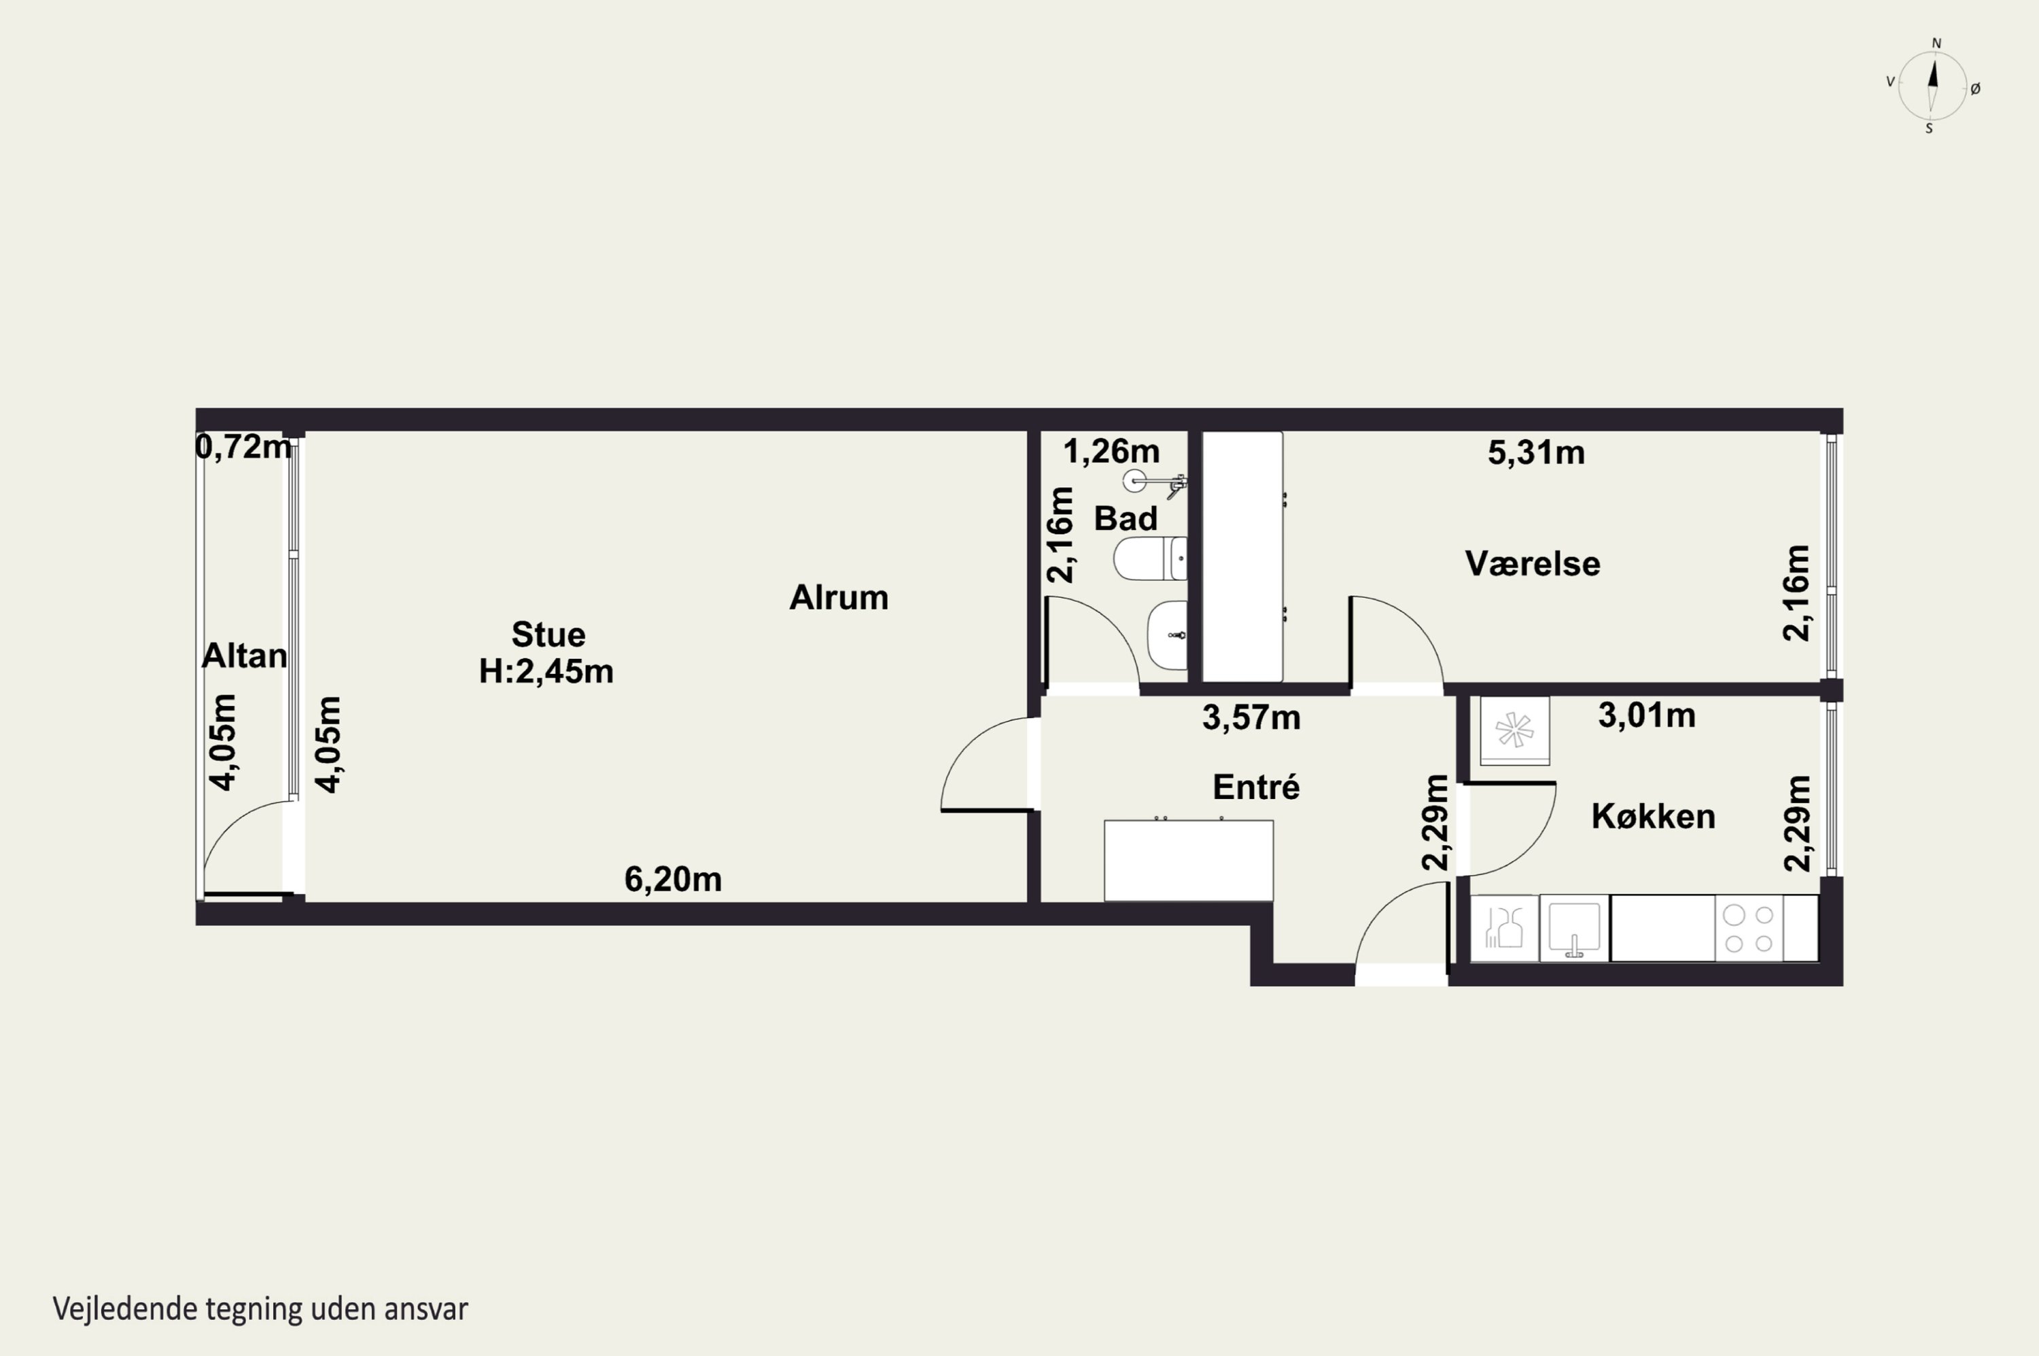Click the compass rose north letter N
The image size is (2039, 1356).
[1937, 43]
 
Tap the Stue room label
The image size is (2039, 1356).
[548, 635]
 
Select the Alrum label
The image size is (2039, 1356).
[838, 598]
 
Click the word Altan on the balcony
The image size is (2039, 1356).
[244, 656]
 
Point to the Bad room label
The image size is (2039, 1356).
[1126, 519]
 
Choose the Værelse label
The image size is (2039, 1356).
[1532, 564]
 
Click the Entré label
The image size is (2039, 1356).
[1256, 787]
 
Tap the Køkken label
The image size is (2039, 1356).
[1653, 817]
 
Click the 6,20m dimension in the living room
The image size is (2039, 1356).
[673, 880]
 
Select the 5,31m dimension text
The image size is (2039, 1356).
[1537, 452]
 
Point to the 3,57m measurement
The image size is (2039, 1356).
[1252, 718]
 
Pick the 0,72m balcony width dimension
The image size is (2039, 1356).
[243, 447]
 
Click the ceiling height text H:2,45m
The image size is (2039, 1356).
[546, 671]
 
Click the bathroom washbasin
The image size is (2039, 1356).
[1168, 635]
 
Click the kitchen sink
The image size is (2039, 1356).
[1575, 929]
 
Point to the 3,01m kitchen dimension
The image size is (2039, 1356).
[1646, 716]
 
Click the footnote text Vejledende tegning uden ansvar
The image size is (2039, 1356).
[260, 1308]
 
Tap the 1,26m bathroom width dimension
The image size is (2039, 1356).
[1112, 451]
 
